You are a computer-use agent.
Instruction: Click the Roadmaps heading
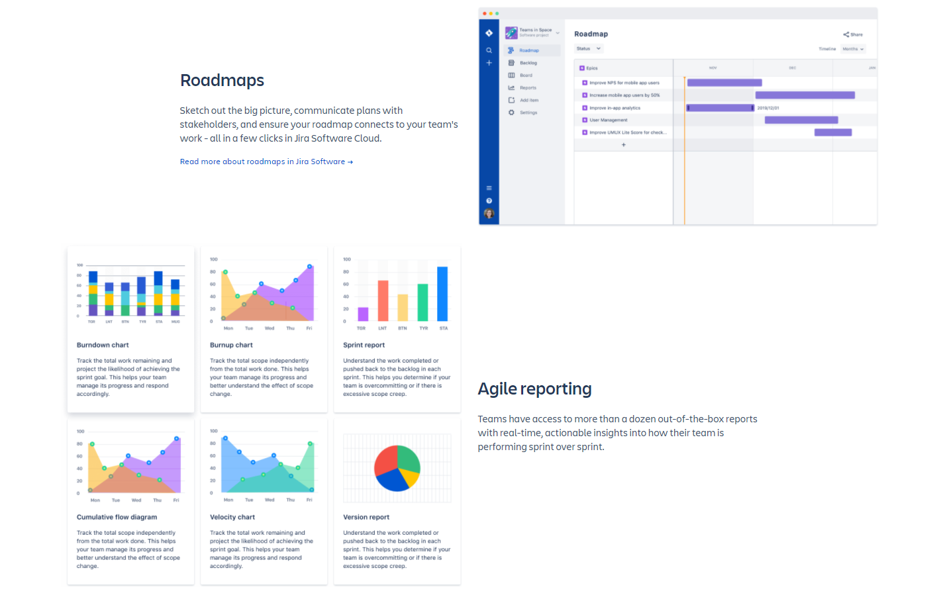(x=222, y=81)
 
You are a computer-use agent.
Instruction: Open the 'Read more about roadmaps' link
(x=266, y=162)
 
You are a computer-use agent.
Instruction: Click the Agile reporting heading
(x=534, y=389)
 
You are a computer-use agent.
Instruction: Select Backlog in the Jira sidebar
(x=528, y=63)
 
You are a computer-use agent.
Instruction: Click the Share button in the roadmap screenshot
(x=853, y=34)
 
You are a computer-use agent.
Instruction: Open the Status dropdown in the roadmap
(x=589, y=48)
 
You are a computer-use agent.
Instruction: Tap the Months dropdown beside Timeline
(x=853, y=49)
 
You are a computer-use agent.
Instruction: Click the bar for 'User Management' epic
(x=801, y=120)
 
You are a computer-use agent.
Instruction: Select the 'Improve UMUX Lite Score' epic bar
(x=832, y=132)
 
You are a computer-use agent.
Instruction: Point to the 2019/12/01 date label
(x=768, y=108)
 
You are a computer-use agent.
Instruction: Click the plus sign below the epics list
(x=623, y=144)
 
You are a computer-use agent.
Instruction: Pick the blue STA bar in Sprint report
(x=442, y=294)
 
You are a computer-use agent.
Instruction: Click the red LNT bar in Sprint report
(x=383, y=301)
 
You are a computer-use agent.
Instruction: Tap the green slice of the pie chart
(x=408, y=458)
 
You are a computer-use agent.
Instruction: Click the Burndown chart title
(x=103, y=345)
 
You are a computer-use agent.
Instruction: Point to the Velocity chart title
(x=232, y=517)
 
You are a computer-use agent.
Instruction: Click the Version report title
(x=366, y=517)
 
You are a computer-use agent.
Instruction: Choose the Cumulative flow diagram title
(x=117, y=517)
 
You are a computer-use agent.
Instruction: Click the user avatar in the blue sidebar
(x=489, y=213)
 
